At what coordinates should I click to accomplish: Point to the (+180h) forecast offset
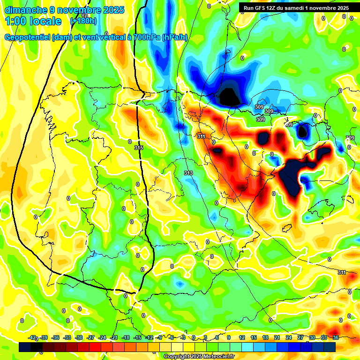(x=84, y=21)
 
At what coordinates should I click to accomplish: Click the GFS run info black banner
(x=296, y=8)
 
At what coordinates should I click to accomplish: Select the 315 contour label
(x=138, y=148)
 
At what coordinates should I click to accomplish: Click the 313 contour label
(x=188, y=173)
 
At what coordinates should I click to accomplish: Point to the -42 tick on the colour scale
(x=32, y=338)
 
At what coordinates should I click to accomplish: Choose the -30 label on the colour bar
(x=79, y=338)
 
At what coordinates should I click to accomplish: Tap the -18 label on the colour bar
(x=126, y=338)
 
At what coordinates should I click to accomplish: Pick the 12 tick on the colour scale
(x=242, y=338)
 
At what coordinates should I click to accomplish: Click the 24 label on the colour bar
(x=288, y=338)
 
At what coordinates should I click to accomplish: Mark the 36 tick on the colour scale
(x=335, y=338)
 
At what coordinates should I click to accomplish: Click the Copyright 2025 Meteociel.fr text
(x=199, y=356)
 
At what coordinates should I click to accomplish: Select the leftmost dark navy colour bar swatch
(x=25, y=347)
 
